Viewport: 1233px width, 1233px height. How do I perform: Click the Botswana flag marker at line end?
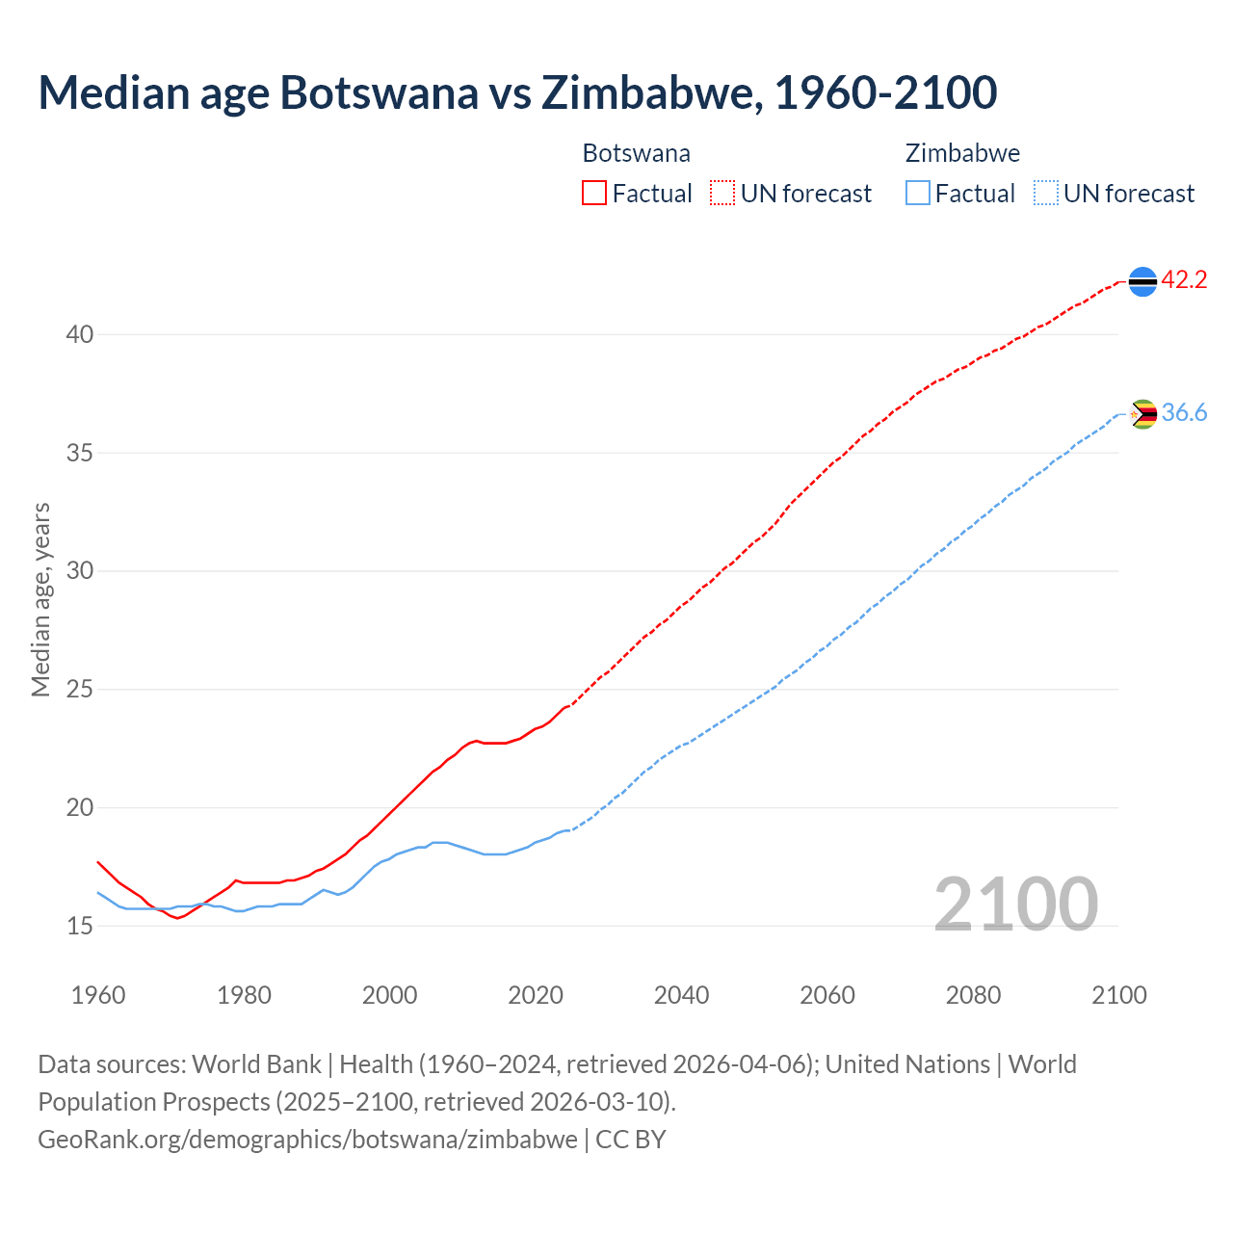coord(1142,281)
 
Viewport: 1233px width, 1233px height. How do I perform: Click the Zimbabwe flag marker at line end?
coord(1142,414)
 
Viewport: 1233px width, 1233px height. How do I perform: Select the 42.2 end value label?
coord(1184,280)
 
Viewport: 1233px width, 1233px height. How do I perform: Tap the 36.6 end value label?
coord(1184,413)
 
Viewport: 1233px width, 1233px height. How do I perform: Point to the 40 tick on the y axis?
coord(79,335)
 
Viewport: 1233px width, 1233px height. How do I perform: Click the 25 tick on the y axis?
coord(79,690)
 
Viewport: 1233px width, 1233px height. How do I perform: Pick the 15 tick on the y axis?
coord(79,927)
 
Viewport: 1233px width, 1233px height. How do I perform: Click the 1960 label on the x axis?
coord(98,995)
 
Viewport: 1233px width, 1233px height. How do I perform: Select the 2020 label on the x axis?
coord(536,995)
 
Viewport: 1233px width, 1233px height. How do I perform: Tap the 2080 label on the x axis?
coord(973,995)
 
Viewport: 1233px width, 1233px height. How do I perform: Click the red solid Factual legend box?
coord(594,194)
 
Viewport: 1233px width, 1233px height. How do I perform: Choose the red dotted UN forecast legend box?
coord(722,194)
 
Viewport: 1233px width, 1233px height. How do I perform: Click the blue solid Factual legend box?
coord(918,194)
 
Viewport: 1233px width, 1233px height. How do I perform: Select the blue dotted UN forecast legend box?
coord(1045,194)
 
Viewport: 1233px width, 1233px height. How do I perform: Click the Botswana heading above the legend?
coord(636,153)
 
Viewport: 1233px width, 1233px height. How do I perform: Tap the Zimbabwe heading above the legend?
coord(962,153)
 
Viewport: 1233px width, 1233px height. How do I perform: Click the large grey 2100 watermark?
coord(1015,905)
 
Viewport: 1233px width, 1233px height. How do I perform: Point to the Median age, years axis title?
coord(40,599)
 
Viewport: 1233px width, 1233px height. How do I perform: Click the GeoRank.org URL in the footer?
coord(307,1140)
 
